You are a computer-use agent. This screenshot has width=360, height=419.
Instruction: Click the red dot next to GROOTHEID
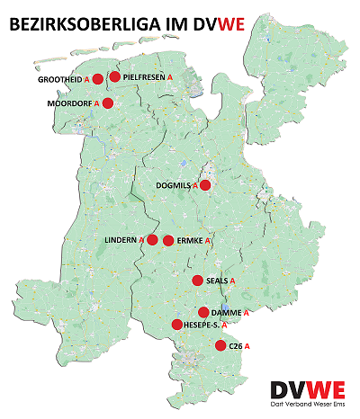click(x=98, y=79)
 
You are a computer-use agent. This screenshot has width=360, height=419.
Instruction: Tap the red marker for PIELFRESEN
click(x=114, y=77)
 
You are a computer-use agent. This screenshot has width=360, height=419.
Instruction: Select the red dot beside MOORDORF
click(x=108, y=103)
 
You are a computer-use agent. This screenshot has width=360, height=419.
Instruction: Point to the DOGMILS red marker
click(x=205, y=185)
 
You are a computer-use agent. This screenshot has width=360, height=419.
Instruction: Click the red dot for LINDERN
click(x=152, y=240)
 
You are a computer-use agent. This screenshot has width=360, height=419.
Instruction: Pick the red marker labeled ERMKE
click(x=167, y=240)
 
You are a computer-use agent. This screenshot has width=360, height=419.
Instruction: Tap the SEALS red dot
click(x=197, y=281)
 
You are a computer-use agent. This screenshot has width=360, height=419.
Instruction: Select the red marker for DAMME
click(x=203, y=312)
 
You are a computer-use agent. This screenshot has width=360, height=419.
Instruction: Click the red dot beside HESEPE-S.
click(x=177, y=324)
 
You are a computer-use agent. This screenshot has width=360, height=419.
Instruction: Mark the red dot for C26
click(x=220, y=344)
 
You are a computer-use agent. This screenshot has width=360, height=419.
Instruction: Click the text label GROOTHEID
click(x=59, y=80)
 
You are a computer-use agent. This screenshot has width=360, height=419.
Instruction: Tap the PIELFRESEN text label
click(x=146, y=78)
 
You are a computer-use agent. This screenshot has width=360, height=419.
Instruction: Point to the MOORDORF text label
click(x=68, y=104)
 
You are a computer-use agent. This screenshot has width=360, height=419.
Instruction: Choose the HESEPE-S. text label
click(x=202, y=325)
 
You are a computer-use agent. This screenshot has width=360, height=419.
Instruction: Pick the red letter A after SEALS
click(x=232, y=281)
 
